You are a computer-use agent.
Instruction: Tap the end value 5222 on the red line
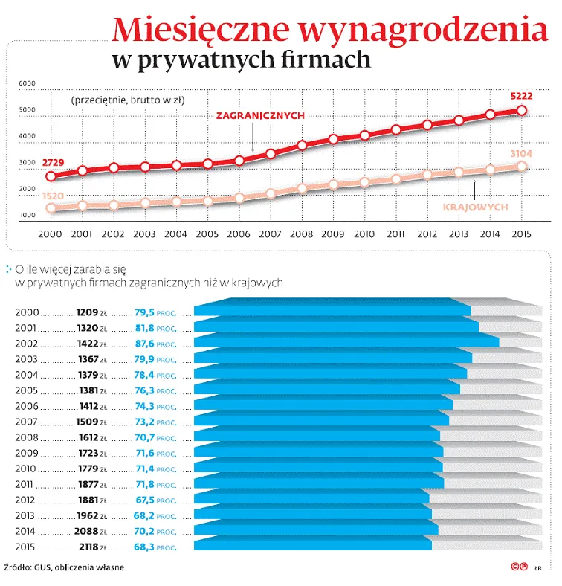521,97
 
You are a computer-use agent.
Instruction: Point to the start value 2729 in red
52,162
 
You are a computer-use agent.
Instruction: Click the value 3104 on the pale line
522,153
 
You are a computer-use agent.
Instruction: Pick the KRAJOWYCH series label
476,207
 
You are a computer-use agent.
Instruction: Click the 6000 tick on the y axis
27,83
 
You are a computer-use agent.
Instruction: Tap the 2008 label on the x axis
301,234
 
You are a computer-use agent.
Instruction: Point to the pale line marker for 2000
51,209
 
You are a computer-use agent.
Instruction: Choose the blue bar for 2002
346,341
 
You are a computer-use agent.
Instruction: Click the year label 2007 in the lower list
27,422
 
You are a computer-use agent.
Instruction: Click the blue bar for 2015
312,544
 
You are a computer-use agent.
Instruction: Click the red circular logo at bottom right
514,567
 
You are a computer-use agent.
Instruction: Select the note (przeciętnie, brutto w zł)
128,100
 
